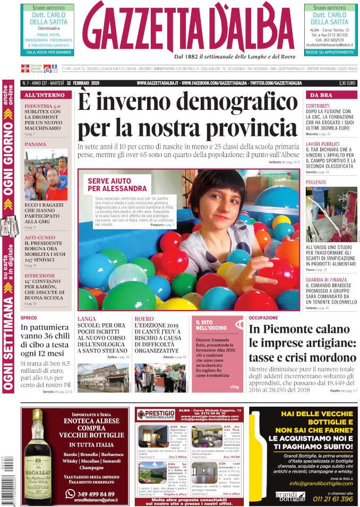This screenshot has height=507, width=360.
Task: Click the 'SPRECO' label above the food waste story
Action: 29,318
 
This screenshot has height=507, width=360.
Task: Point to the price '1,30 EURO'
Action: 347,83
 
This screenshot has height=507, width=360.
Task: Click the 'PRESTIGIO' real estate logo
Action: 157,414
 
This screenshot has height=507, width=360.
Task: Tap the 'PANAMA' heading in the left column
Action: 35,144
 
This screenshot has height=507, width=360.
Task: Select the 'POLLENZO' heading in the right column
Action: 316,182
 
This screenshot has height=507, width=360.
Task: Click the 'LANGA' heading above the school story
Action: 87,318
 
